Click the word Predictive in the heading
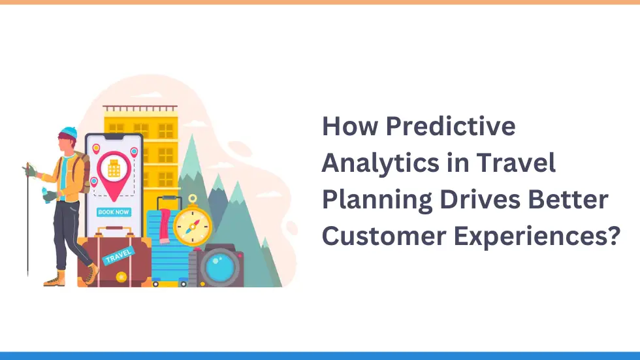click(x=451, y=125)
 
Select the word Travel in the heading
click(x=516, y=163)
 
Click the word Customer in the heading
click(x=384, y=236)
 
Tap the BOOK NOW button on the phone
click(x=114, y=212)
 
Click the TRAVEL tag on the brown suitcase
click(x=118, y=256)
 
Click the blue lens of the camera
click(x=219, y=267)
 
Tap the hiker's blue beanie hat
click(x=68, y=133)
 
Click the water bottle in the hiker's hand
click(x=44, y=194)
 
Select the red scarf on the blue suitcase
click(x=165, y=225)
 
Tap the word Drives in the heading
click(x=480, y=199)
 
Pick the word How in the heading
click(x=350, y=125)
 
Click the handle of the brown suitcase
click(x=115, y=232)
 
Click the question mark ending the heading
click(x=613, y=235)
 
